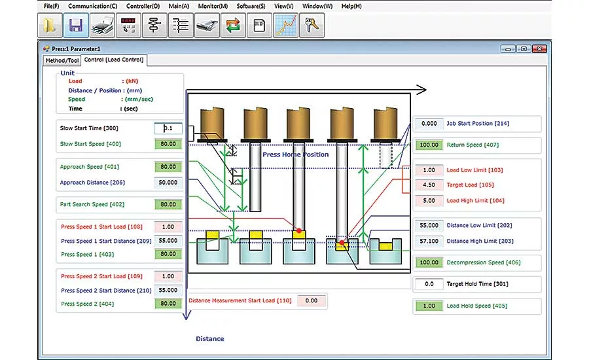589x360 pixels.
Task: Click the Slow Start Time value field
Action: (x=168, y=128)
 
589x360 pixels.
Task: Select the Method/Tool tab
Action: (x=62, y=60)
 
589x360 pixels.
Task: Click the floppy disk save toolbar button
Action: (x=76, y=25)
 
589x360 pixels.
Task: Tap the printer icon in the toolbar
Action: (x=102, y=25)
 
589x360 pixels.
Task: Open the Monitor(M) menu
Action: (x=213, y=6)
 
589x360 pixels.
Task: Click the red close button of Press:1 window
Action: (x=539, y=49)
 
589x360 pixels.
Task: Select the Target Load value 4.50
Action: (x=429, y=185)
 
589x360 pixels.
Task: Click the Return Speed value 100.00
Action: (x=429, y=145)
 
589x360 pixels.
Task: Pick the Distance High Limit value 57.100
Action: (x=429, y=241)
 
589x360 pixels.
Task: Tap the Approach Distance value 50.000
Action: (x=168, y=182)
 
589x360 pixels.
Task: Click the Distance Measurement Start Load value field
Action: (x=311, y=300)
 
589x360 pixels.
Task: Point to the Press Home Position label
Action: (x=295, y=154)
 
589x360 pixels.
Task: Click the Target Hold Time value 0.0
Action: (x=429, y=284)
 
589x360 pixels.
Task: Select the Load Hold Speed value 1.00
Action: (x=429, y=306)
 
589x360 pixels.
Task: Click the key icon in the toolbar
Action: (x=312, y=25)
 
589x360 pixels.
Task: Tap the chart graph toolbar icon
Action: (x=285, y=25)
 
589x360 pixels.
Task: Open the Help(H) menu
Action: (x=351, y=6)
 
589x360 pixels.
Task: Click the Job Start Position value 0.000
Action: (x=429, y=123)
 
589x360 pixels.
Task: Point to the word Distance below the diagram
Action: (x=210, y=338)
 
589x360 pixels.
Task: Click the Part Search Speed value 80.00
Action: (x=168, y=204)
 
